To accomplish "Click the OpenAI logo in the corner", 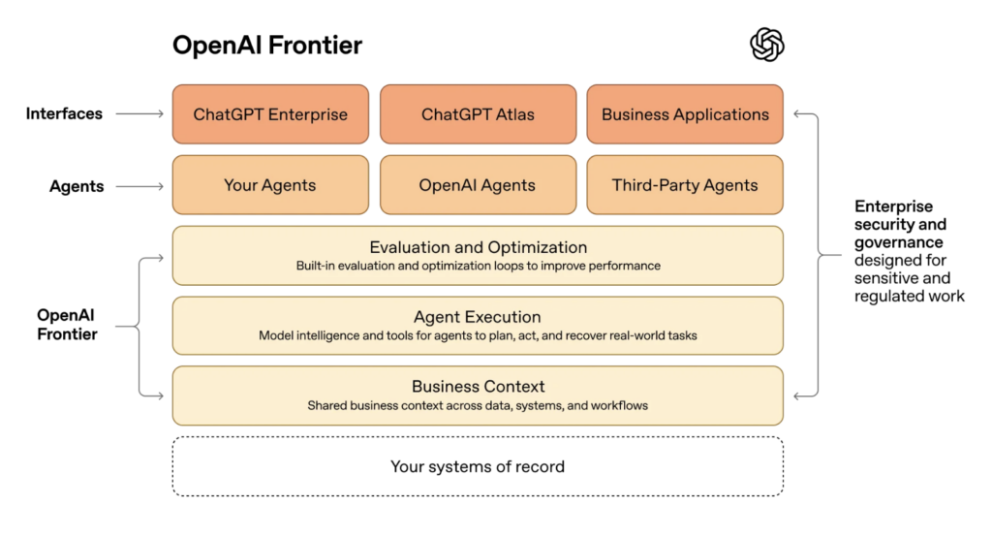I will (767, 45).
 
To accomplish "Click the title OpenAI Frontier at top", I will (267, 45).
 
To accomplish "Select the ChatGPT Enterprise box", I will (270, 114).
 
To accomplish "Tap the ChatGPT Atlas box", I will (478, 114).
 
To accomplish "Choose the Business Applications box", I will (685, 114).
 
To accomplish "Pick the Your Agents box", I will (270, 185).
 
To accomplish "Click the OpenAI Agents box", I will (478, 185).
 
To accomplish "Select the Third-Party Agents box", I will (685, 185).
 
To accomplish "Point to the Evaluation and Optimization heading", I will (479, 247).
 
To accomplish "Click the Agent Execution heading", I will (478, 317).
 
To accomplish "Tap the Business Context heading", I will (479, 387).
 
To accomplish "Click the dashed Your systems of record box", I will (478, 467).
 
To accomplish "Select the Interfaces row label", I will (64, 114).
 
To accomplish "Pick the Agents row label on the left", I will (77, 186).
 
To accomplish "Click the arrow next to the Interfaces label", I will (139, 114).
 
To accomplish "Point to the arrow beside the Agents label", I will (139, 185).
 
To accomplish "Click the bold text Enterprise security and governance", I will (894, 224).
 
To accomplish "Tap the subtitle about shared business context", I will (479, 405).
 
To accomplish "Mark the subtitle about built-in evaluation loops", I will (479, 266).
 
